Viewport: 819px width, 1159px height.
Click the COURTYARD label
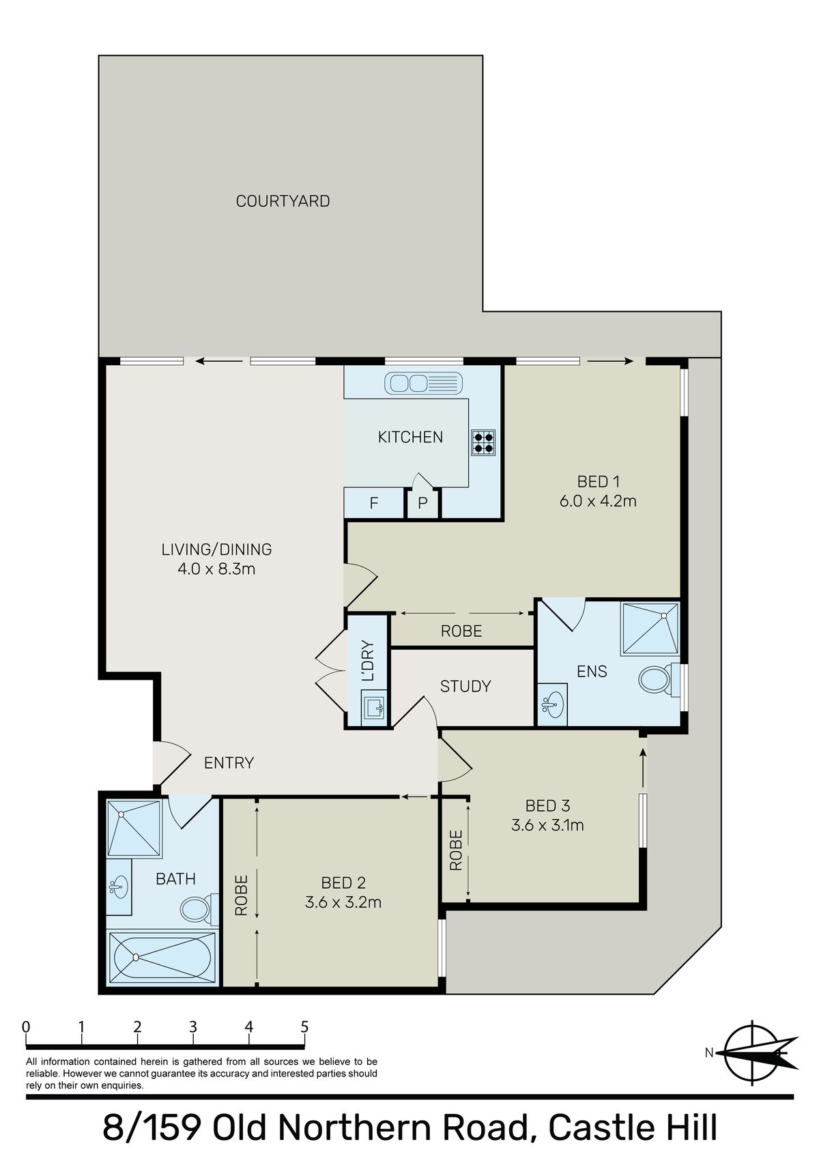tap(283, 201)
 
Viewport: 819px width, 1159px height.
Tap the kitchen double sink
tap(423, 383)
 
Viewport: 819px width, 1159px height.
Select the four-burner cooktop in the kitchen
tap(484, 442)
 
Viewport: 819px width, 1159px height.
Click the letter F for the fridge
tap(374, 504)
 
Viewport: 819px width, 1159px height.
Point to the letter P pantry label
tap(422, 504)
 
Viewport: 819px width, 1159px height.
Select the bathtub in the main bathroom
tap(162, 957)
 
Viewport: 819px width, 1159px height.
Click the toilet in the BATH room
tap(197, 908)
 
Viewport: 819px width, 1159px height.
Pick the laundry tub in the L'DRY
tap(374, 707)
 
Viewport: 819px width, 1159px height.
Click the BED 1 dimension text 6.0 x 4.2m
tap(598, 501)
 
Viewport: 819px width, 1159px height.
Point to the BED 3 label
tap(547, 806)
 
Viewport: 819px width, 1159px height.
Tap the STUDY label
tap(465, 686)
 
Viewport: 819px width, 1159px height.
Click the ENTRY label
tap(229, 762)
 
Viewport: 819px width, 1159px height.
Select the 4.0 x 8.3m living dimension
tap(216, 569)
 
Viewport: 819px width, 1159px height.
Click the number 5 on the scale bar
tap(304, 1027)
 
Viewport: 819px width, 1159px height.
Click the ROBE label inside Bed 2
tap(241, 895)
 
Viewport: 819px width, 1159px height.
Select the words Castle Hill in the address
tap(633, 1128)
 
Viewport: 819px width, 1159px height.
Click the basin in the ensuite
tap(552, 702)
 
